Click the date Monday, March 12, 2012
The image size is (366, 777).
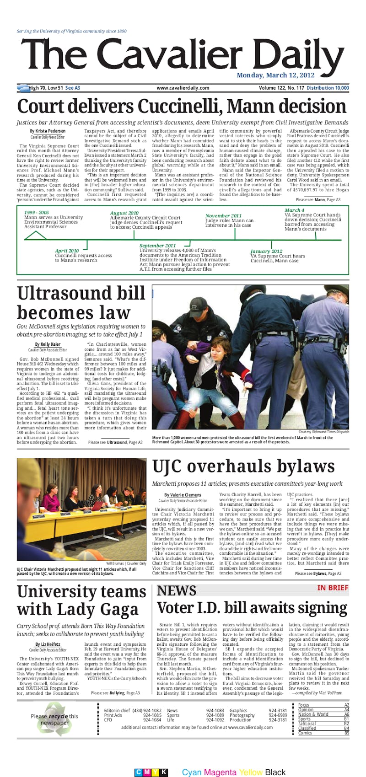click(275, 75)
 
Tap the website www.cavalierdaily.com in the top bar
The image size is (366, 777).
click(183, 88)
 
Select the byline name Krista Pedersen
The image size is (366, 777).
click(50, 131)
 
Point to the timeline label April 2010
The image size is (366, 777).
click(67, 251)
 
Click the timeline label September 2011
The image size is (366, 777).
click(157, 246)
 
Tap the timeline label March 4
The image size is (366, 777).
click(294, 210)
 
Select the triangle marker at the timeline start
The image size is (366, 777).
click(35, 236)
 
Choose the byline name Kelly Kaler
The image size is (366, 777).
click(50, 344)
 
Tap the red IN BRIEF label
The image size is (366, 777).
click(333, 588)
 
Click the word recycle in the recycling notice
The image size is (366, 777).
click(59, 716)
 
